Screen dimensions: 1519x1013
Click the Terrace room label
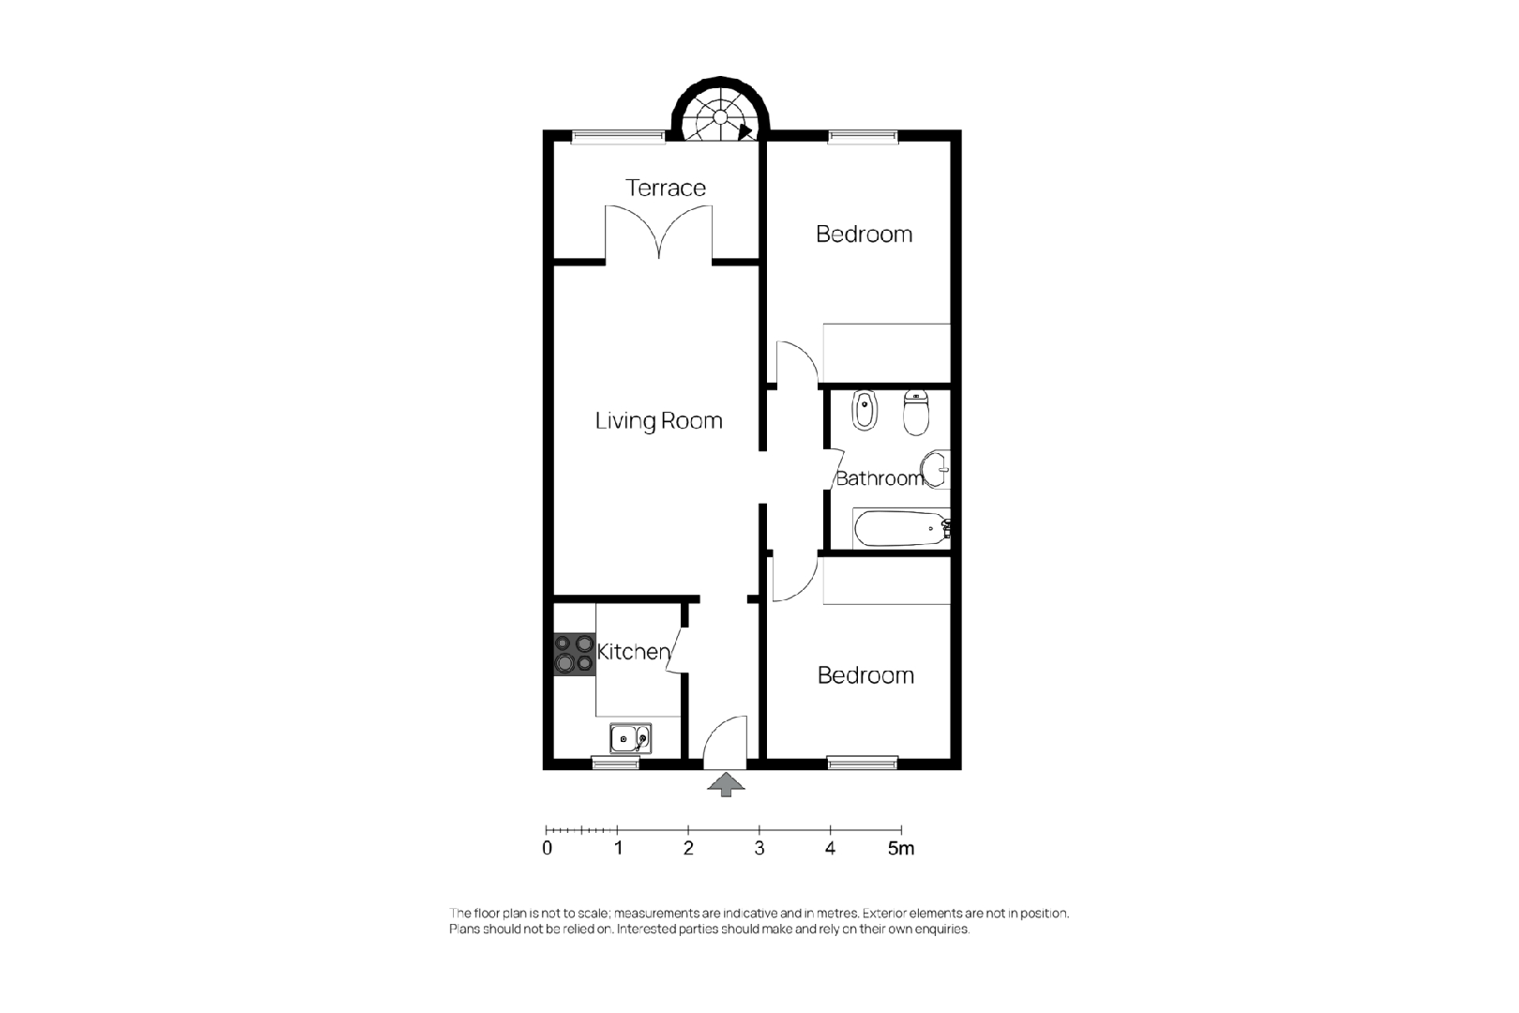(665, 188)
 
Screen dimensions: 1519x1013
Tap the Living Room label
(658, 420)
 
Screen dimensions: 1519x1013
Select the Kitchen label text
(633, 651)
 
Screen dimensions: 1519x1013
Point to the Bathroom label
(880, 478)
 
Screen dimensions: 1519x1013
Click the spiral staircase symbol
(720, 112)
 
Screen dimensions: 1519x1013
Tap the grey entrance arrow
(726, 784)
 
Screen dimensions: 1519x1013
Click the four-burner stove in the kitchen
(575, 654)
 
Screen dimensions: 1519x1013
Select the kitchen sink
(631, 738)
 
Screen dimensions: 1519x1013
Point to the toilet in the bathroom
(916, 414)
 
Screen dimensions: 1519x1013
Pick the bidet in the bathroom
(864, 410)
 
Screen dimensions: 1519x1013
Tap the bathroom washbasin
(935, 469)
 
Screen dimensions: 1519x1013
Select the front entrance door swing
(725, 742)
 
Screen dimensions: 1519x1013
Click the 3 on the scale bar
(759, 848)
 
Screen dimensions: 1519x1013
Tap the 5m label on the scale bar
(901, 848)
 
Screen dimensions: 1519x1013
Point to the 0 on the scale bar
(548, 848)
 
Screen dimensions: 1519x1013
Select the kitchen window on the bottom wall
(616, 764)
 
